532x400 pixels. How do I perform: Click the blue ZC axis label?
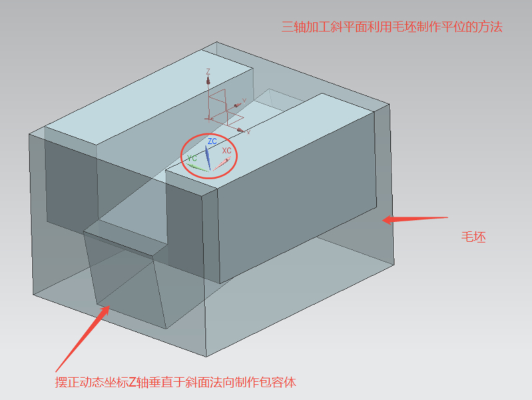(212, 141)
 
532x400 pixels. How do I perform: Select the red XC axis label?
(226, 151)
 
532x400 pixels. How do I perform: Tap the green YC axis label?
(192, 158)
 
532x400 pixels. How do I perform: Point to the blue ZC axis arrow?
(208, 157)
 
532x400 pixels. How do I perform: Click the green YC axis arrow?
(198, 167)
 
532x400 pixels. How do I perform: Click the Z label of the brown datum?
(208, 71)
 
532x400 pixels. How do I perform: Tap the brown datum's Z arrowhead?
(208, 80)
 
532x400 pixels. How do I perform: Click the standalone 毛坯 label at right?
(473, 237)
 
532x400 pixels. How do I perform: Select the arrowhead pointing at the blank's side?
(388, 219)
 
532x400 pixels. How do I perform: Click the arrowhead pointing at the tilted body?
(105, 310)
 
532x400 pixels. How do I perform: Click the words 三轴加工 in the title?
(306, 27)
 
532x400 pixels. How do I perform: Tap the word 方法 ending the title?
(490, 27)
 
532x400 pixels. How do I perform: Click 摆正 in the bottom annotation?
(67, 382)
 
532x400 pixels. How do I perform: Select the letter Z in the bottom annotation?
(133, 383)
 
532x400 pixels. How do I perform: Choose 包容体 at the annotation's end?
(278, 382)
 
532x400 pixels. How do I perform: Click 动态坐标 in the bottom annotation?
(104, 382)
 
